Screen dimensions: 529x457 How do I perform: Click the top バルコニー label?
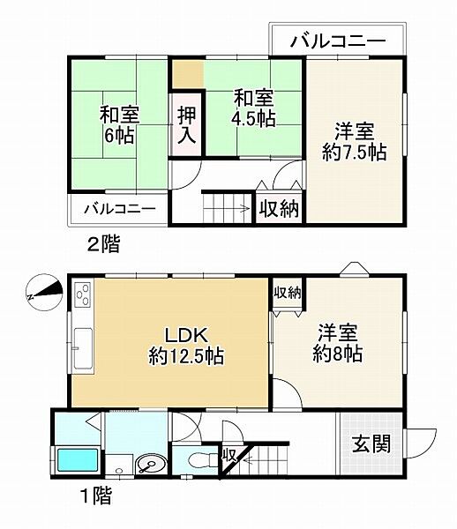click(x=336, y=41)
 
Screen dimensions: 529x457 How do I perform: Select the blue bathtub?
click(x=78, y=461)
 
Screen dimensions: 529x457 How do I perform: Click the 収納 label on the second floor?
click(x=279, y=210)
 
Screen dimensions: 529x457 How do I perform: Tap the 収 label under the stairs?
click(x=228, y=455)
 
